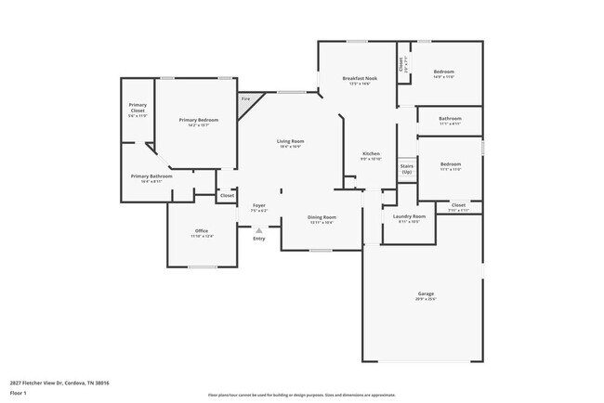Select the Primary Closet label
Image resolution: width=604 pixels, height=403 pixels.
pos(137,108)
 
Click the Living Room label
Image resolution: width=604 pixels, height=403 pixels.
pos(290,141)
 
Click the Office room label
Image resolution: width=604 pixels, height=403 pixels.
pos(202,230)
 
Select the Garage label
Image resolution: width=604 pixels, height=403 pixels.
pos(426,293)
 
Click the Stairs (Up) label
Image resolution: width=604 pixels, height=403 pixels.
pos(406,169)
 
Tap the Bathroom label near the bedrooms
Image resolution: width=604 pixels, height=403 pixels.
pos(450,118)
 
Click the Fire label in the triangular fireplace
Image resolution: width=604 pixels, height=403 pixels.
pos(246,98)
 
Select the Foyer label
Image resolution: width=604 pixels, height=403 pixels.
pos(258,205)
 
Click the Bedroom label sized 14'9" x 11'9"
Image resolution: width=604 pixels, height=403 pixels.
pos(443,71)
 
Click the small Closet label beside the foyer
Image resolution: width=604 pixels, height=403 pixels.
pos(227,195)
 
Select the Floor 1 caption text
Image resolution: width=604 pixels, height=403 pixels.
pos(19,392)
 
